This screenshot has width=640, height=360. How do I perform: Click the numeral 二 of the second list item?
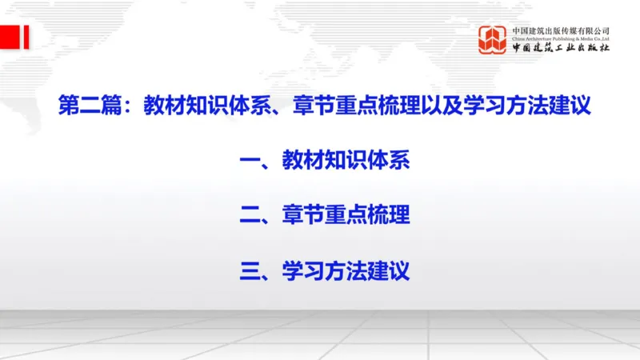[x=250, y=215]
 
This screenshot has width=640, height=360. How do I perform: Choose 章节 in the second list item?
[x=303, y=215]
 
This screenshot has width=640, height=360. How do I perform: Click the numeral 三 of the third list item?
[x=250, y=270]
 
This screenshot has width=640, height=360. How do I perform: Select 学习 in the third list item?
[x=303, y=270]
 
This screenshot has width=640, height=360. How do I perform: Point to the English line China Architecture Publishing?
[x=561, y=38]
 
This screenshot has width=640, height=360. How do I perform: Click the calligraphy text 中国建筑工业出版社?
[x=561, y=49]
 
